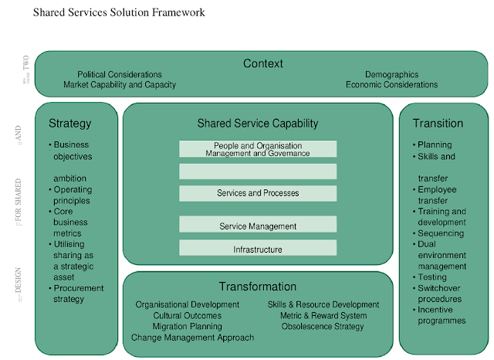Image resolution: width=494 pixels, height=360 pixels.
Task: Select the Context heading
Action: point(263,63)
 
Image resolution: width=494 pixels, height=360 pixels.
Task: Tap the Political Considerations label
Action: point(120,75)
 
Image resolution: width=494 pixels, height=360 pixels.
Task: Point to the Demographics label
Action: point(391,75)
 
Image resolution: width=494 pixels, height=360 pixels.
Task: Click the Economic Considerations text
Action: point(391,85)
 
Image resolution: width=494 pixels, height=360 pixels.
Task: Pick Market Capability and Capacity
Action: point(120,85)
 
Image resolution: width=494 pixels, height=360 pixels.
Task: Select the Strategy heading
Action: point(69,123)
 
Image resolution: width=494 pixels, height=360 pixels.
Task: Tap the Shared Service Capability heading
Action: point(258,124)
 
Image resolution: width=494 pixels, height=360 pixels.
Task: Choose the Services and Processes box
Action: point(258,193)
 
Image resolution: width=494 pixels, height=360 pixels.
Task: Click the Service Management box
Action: point(258,226)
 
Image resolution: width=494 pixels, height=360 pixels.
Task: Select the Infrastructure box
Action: point(258,250)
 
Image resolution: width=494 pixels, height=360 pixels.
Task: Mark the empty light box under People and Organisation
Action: point(258,171)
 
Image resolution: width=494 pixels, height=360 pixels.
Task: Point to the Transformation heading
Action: point(258,287)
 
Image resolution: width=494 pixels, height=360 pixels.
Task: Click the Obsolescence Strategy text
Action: point(323,327)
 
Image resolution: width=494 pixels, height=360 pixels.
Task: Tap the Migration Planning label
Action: point(188,327)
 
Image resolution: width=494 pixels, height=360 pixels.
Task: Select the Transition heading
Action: point(438,123)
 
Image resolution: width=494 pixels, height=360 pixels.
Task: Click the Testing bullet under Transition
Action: point(431,277)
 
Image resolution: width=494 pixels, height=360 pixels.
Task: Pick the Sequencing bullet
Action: point(440,233)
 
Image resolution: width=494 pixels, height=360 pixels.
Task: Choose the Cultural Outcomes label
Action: point(188,316)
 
